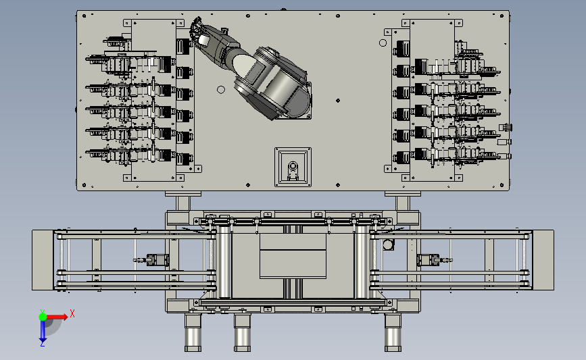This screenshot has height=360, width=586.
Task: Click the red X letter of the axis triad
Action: [72, 313]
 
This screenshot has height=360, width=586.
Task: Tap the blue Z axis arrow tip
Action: [43, 341]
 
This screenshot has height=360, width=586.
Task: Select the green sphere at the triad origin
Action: [43, 317]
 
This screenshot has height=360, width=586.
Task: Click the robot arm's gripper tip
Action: [195, 27]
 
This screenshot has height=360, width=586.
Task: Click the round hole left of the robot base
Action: [221, 90]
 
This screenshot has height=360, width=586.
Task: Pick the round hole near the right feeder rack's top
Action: [383, 43]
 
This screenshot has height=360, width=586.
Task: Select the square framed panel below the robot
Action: [293, 167]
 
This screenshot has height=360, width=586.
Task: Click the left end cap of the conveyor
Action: [43, 260]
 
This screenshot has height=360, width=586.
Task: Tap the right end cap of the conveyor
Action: [543, 260]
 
